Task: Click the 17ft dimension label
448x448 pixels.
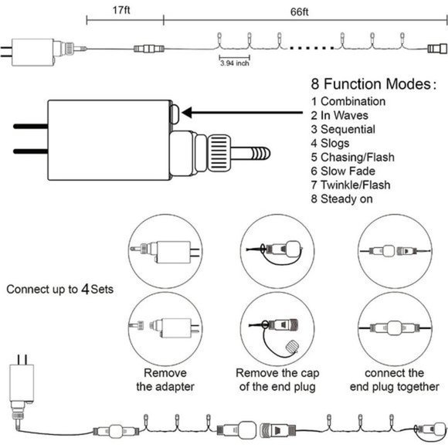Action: coord(121,10)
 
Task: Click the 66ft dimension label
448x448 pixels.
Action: coord(299,12)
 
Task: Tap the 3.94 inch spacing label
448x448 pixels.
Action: coord(235,63)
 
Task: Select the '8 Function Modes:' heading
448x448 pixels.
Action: coord(373,83)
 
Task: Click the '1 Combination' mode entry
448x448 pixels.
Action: coord(348,101)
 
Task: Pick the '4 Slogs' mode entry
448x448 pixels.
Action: coord(330,143)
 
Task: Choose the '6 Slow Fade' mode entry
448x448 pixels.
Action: coord(343,171)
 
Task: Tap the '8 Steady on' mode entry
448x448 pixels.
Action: coord(341,199)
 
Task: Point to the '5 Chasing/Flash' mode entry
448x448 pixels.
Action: coord(353,157)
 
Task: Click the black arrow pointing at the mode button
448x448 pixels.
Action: coord(242,113)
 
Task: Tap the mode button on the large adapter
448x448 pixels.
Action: coord(175,114)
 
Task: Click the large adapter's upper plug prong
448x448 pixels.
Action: coord(31,126)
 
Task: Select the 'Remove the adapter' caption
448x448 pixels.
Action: coord(165,380)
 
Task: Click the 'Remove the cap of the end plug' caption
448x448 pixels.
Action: coord(277,380)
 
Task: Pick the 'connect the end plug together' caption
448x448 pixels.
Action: coord(394,380)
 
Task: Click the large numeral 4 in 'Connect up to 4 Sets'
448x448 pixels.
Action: coord(85,289)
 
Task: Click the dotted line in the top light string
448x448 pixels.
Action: coord(311,48)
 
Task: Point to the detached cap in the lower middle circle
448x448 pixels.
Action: coord(292,346)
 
